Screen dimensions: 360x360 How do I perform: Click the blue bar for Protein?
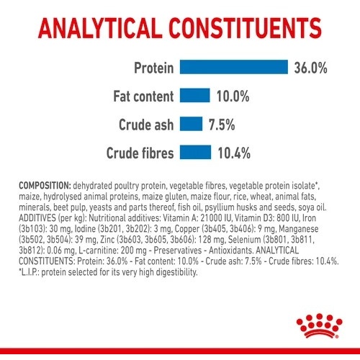tap(234, 67)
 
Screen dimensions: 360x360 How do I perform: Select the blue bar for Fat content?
tap(195, 95)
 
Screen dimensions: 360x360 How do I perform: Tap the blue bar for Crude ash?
tap(191, 124)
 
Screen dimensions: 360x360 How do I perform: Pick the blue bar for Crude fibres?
tap(195, 152)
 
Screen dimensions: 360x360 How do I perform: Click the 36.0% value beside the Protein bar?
tap(310, 68)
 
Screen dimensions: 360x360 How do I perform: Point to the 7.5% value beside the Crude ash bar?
tap(222, 125)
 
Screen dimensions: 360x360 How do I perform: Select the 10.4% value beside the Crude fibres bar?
tap(234, 153)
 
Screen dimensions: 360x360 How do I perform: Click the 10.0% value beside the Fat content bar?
tap(233, 96)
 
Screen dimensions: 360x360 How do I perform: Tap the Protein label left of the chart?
tap(154, 68)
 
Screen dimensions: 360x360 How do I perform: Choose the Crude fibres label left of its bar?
tap(140, 153)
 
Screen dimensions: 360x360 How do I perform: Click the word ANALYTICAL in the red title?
tap(99, 28)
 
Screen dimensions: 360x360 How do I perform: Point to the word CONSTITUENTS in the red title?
tap(245, 28)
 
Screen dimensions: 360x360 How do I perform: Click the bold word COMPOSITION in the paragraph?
tap(45, 186)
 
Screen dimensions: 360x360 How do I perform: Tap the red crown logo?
tap(320, 325)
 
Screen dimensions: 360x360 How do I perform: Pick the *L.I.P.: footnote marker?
tap(29, 272)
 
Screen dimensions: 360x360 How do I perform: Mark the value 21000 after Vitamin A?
tap(209, 218)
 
